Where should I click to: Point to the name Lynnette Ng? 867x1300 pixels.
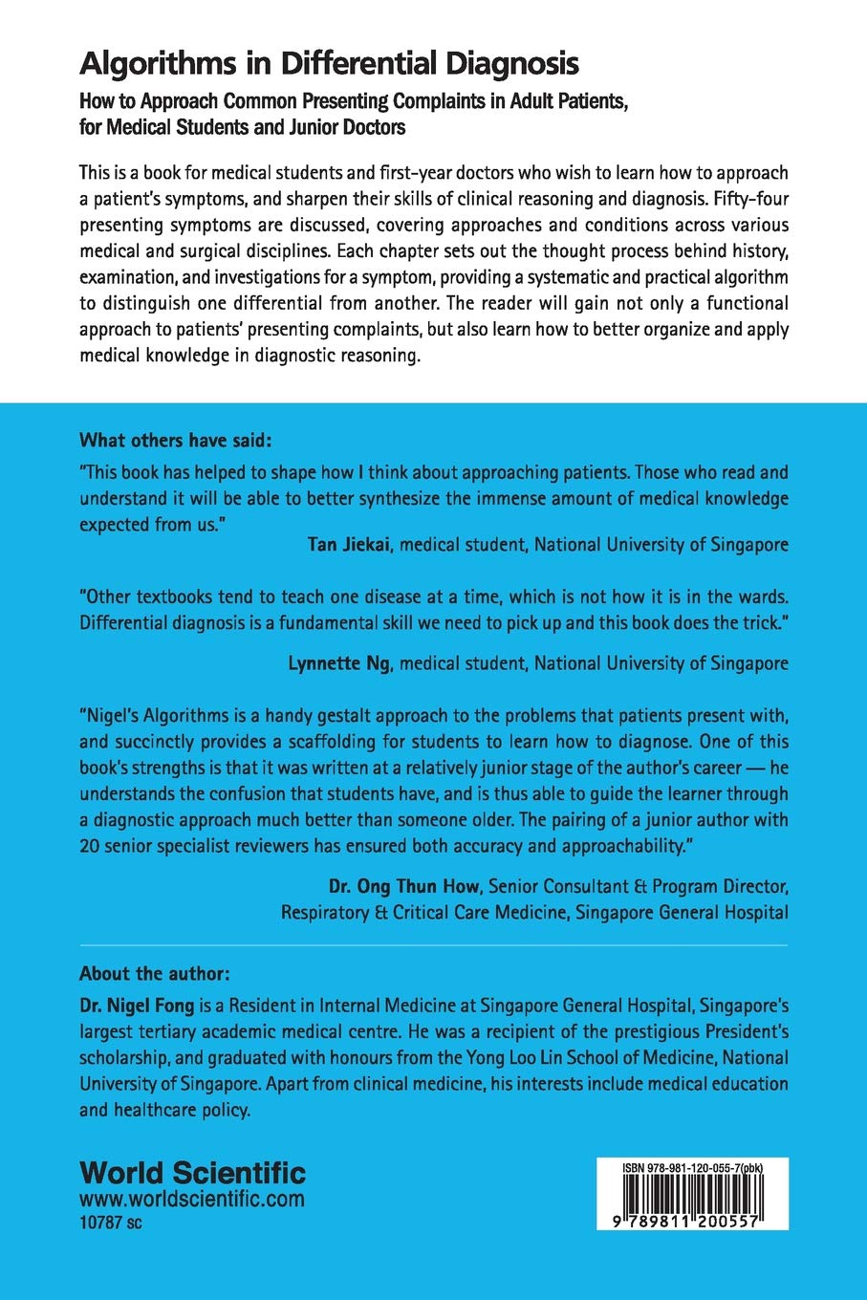tap(339, 663)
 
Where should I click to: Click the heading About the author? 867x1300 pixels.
tap(154, 974)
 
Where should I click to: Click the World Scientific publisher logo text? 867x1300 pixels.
tap(192, 1173)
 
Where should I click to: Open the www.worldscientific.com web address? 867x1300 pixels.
tap(192, 1199)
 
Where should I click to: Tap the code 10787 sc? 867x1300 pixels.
tap(110, 1223)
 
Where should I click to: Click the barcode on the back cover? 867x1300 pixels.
tap(692, 1195)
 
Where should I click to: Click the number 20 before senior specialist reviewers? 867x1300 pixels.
tap(91, 846)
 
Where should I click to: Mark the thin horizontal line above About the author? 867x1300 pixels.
tap(433, 945)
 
